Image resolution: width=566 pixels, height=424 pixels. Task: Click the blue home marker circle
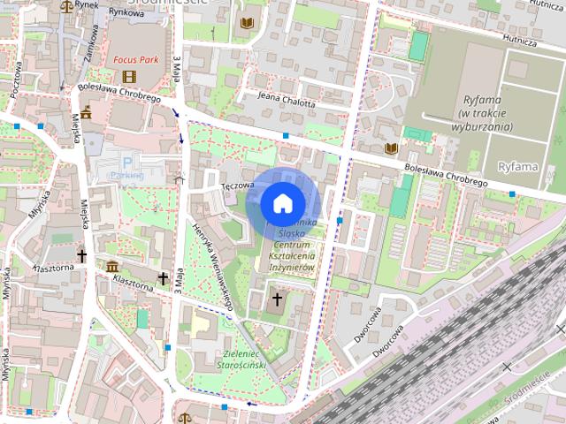(x=282, y=203)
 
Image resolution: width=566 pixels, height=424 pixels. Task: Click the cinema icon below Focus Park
(x=130, y=76)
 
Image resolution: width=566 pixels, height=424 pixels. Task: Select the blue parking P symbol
(x=128, y=162)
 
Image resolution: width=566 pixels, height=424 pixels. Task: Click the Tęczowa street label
(x=238, y=185)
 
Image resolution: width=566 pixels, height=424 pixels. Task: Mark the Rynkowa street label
(x=126, y=13)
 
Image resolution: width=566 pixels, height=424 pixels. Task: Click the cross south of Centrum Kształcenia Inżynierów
(x=276, y=299)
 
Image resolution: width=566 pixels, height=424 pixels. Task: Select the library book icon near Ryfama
(x=390, y=148)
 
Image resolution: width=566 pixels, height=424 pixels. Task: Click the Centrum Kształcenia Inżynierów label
(x=287, y=254)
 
